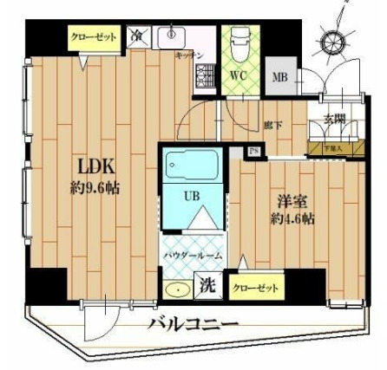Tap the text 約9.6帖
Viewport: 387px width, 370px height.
click(95, 188)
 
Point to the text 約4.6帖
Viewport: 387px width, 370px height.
click(292, 218)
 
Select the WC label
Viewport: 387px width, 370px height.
click(238, 75)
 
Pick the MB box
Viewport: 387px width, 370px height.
click(279, 77)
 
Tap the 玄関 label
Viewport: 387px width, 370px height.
click(335, 119)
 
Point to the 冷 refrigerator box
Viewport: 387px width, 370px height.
click(139, 36)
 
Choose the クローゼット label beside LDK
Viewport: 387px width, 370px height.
click(93, 37)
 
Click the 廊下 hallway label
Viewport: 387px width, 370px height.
click(272, 127)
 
